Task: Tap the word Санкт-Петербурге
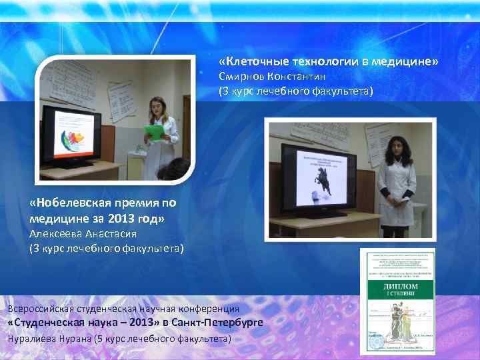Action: click(217, 323)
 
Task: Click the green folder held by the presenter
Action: click(155, 132)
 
